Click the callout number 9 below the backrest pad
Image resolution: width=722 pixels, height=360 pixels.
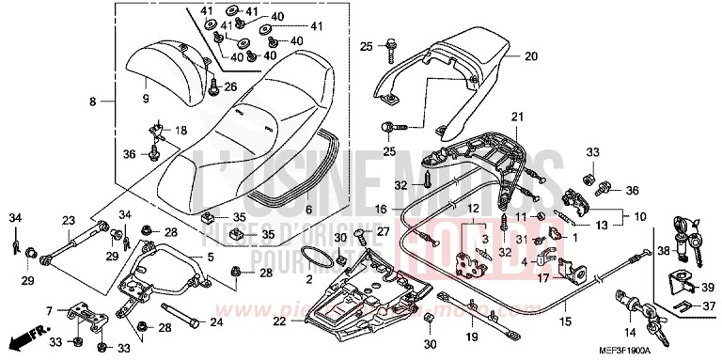coord(146,98)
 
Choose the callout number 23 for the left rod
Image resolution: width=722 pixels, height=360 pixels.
coord(68,221)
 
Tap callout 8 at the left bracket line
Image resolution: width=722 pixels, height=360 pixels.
coord(93,100)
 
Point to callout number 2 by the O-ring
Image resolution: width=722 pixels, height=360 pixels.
coord(308,280)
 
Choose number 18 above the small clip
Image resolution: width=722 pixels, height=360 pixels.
coord(180,130)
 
